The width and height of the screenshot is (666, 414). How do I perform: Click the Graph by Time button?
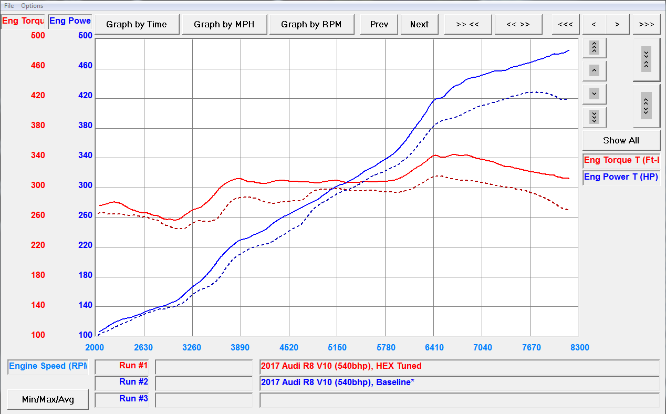click(137, 24)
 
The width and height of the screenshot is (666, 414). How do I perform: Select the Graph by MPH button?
click(224, 24)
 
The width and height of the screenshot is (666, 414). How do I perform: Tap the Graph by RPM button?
click(311, 24)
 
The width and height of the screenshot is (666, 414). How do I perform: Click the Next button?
click(419, 24)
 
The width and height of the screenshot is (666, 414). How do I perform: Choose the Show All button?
click(621, 140)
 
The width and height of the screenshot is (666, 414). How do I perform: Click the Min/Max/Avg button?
click(48, 399)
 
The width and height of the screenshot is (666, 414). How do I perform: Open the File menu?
click(9, 6)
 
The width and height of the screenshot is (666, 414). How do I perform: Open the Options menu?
click(32, 6)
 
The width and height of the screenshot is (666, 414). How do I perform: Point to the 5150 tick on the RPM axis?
click(337, 347)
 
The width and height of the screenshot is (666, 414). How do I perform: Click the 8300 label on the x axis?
click(579, 347)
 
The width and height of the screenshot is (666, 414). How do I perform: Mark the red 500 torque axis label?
click(38, 36)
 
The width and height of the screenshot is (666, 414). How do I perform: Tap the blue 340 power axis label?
click(85, 156)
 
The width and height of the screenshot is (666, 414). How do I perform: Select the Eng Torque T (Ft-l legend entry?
click(621, 160)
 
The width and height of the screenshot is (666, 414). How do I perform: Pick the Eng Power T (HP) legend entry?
click(621, 177)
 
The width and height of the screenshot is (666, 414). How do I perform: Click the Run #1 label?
click(133, 366)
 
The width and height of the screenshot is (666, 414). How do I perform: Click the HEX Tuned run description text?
click(341, 366)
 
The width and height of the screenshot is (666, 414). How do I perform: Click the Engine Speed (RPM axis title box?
click(48, 366)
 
